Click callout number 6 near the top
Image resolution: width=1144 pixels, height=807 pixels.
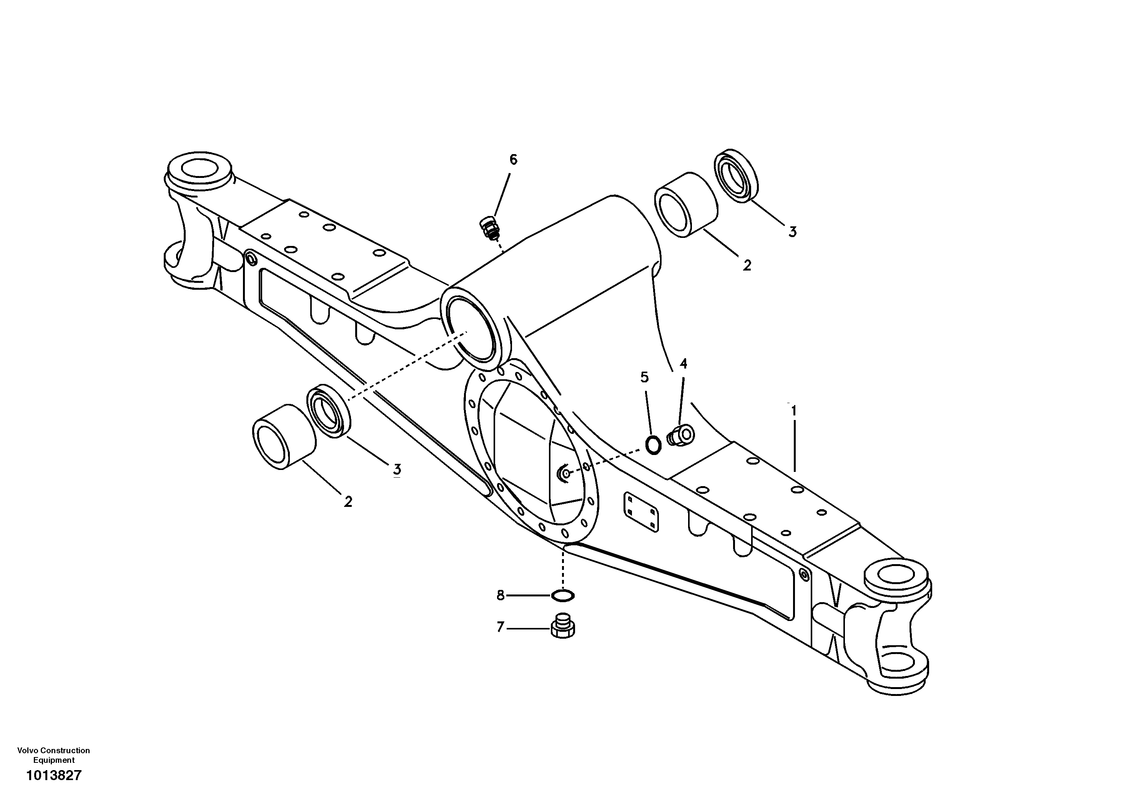pyautogui.click(x=513, y=160)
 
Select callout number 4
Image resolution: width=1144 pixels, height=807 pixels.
pyautogui.click(x=683, y=364)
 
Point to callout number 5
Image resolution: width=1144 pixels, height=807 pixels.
pyautogui.click(x=645, y=378)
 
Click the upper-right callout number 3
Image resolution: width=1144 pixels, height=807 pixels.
pyautogui.click(x=792, y=232)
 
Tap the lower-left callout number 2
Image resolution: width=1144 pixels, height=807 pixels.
pyautogui.click(x=348, y=501)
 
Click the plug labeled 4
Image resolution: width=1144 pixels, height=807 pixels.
pyautogui.click(x=681, y=435)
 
